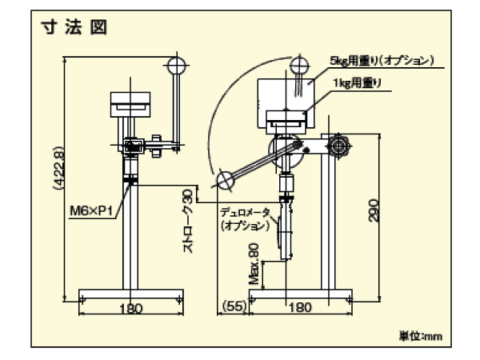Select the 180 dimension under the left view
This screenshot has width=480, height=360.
(127, 310)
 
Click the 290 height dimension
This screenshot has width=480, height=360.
(374, 210)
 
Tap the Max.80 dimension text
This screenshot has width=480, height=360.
(254, 265)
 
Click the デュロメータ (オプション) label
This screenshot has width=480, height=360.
(245, 219)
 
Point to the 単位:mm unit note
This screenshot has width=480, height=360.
(420, 337)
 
